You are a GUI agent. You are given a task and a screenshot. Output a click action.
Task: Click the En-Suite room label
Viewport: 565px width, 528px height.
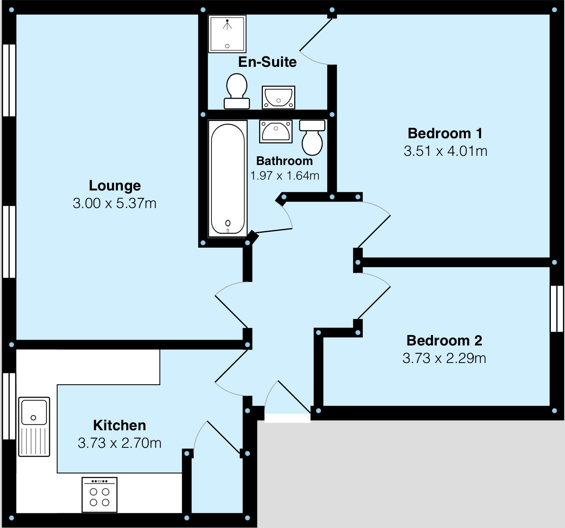click(267, 62)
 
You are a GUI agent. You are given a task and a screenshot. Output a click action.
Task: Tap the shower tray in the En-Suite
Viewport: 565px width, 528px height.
click(227, 34)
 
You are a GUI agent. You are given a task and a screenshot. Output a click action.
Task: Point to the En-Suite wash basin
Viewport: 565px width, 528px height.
click(278, 97)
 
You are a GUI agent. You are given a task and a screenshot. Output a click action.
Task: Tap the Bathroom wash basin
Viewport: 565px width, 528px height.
click(276, 131)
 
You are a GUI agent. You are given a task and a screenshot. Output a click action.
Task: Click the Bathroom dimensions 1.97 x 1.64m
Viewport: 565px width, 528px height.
click(285, 175)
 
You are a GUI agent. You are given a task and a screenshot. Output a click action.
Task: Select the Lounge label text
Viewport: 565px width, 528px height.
click(115, 185)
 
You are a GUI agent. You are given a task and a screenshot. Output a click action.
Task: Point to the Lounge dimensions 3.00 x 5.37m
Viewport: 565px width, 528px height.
click(115, 203)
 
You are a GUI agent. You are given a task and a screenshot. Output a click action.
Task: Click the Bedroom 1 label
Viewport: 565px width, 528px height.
click(445, 133)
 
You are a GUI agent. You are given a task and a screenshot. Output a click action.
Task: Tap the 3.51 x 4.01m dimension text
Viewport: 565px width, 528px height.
click(445, 151)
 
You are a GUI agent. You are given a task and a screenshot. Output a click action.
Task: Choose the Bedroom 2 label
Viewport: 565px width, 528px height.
click(444, 340)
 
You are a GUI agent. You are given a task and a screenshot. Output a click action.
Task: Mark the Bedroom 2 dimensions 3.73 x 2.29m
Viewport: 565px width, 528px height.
click(444, 358)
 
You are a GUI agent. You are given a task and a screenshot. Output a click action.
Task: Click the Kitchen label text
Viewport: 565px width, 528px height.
click(120, 425)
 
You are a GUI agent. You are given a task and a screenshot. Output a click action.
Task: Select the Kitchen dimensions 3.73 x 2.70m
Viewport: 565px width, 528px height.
click(120, 443)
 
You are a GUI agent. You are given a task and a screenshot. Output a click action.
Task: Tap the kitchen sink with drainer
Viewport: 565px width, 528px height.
click(34, 426)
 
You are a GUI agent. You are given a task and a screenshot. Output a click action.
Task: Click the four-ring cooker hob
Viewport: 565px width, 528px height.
click(99, 495)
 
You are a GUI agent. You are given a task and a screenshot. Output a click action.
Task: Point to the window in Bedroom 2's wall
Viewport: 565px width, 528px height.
click(557, 309)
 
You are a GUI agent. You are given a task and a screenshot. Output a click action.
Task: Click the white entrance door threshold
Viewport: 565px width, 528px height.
click(288, 418)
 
